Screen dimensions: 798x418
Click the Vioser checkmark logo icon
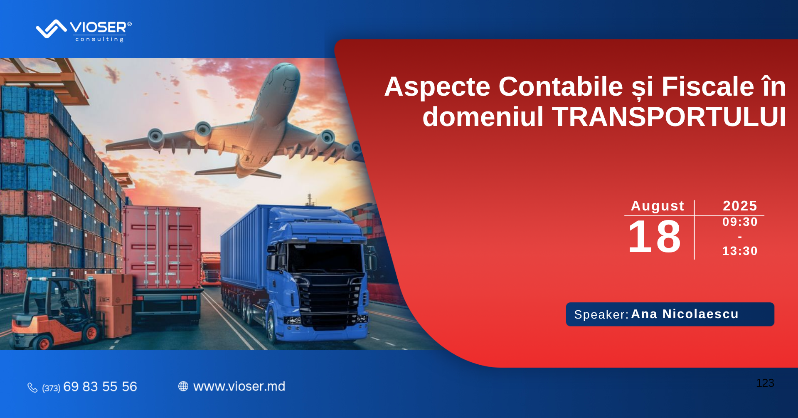51,29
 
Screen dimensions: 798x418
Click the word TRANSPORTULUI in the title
669,117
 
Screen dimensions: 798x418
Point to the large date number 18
654,237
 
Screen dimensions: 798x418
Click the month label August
658,206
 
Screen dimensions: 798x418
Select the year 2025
740,205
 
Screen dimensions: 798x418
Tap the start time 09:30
740,222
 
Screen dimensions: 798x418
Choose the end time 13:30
740,251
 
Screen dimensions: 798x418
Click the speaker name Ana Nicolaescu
685,314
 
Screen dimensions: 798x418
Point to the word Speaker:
601,314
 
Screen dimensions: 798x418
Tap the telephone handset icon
32,387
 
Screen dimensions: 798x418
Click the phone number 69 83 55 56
100,386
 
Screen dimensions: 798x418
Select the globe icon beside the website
183,386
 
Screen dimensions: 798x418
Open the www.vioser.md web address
239,386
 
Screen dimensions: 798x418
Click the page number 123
765,383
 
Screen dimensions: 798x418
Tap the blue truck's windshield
325,257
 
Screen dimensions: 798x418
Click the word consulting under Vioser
99,39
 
